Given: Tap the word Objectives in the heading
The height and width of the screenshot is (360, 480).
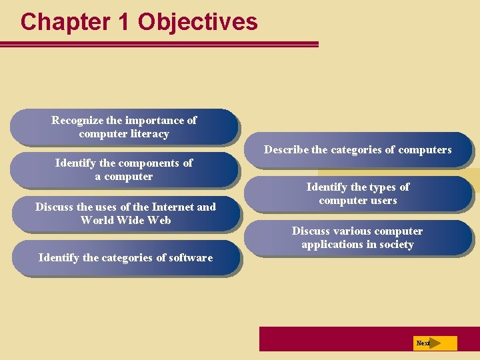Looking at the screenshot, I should click(197, 22).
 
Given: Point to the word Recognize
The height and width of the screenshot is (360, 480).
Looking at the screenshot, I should click(77, 121).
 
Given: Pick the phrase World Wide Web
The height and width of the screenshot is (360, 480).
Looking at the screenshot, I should click(125, 221).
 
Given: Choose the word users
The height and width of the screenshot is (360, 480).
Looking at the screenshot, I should click(382, 201).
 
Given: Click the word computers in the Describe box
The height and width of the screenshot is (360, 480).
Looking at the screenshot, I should click(424, 150).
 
